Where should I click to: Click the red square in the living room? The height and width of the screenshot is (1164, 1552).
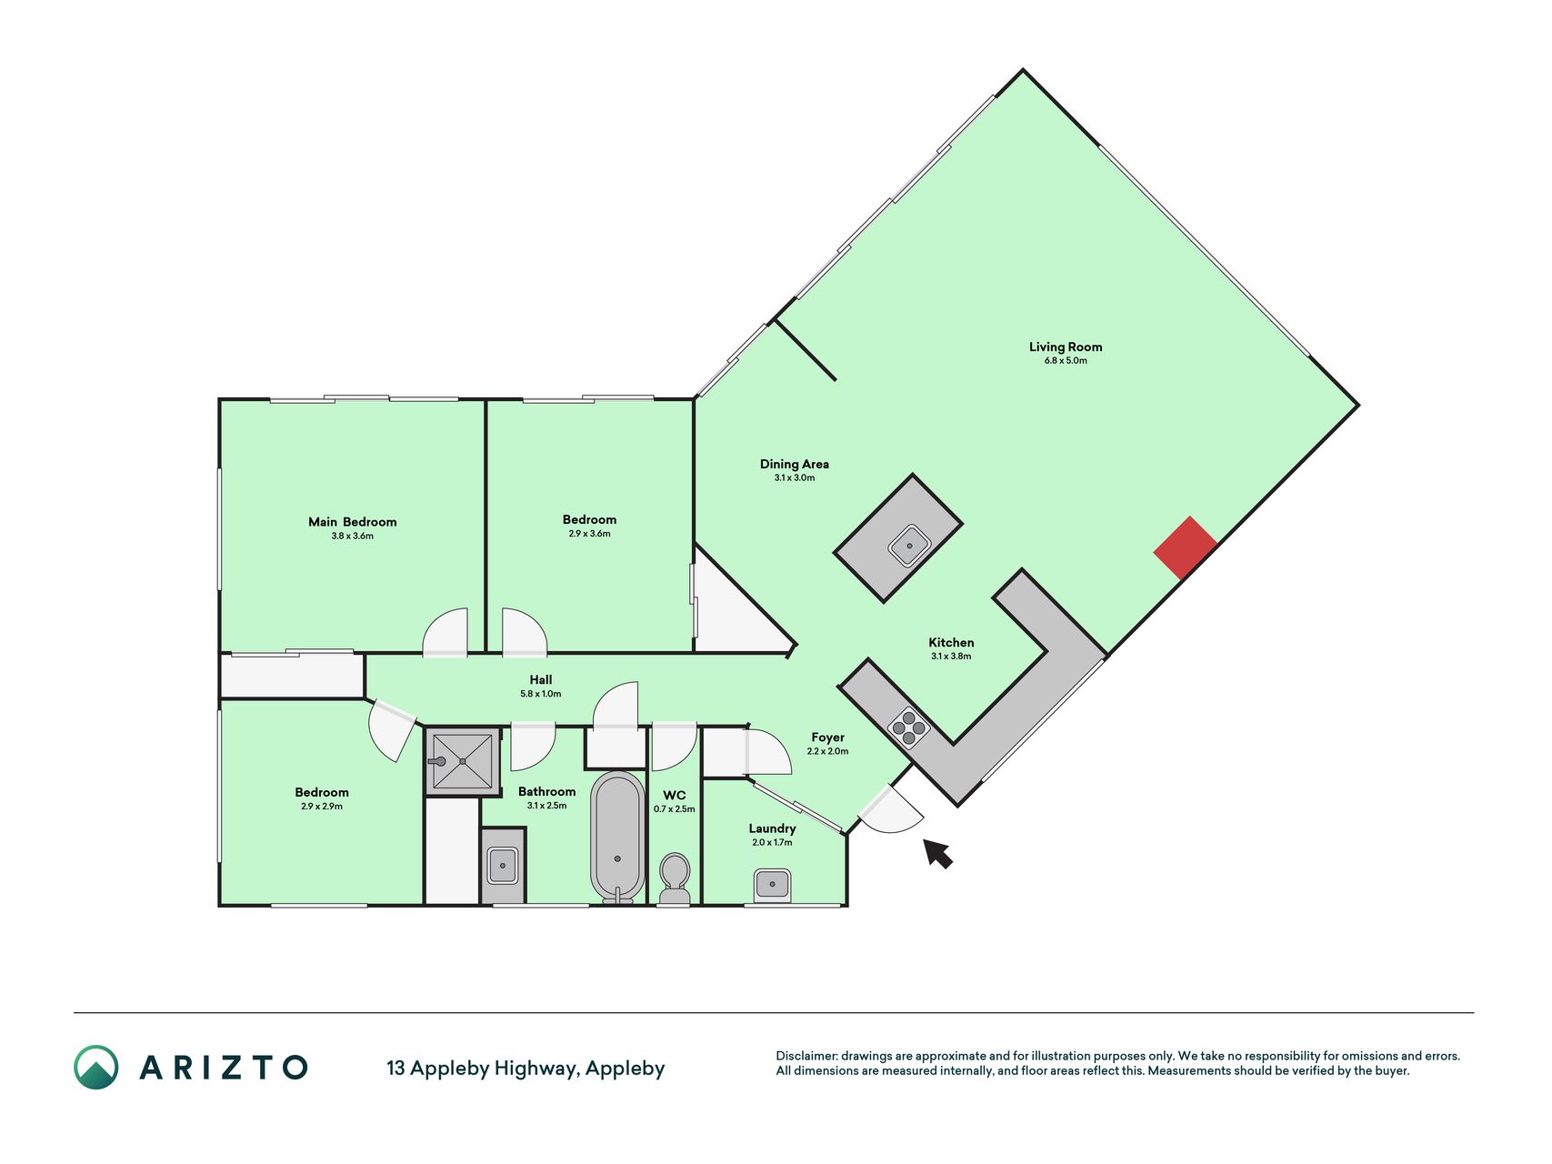coord(1186,547)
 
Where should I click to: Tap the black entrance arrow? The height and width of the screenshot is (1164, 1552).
coord(937,853)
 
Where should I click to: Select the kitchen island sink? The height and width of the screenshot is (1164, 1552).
coord(909,547)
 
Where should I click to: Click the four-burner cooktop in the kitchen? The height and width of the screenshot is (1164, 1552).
coord(908,727)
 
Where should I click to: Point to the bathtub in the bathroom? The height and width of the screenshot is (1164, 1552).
coord(618,837)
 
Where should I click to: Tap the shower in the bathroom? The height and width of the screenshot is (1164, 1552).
coord(463,761)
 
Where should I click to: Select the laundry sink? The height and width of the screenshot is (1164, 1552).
coord(772,884)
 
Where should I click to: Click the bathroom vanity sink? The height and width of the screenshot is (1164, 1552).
coord(503,866)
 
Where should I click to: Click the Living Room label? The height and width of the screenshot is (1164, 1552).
coord(1066,346)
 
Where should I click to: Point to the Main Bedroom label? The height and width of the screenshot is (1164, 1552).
coord(353,522)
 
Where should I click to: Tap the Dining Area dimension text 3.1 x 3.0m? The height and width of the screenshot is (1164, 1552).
coord(795,477)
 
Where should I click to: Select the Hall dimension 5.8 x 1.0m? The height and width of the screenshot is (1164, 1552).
coord(541,694)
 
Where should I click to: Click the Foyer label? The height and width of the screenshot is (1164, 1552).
coord(828,738)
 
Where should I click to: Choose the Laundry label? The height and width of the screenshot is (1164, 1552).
coord(773,828)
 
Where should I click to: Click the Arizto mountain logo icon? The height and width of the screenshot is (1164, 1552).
coord(96,1068)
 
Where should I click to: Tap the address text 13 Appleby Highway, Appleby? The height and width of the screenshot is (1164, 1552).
coord(526,1069)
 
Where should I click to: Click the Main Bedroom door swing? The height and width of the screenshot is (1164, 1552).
coord(446,631)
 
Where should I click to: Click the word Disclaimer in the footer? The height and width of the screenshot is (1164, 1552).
coord(806,1057)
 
